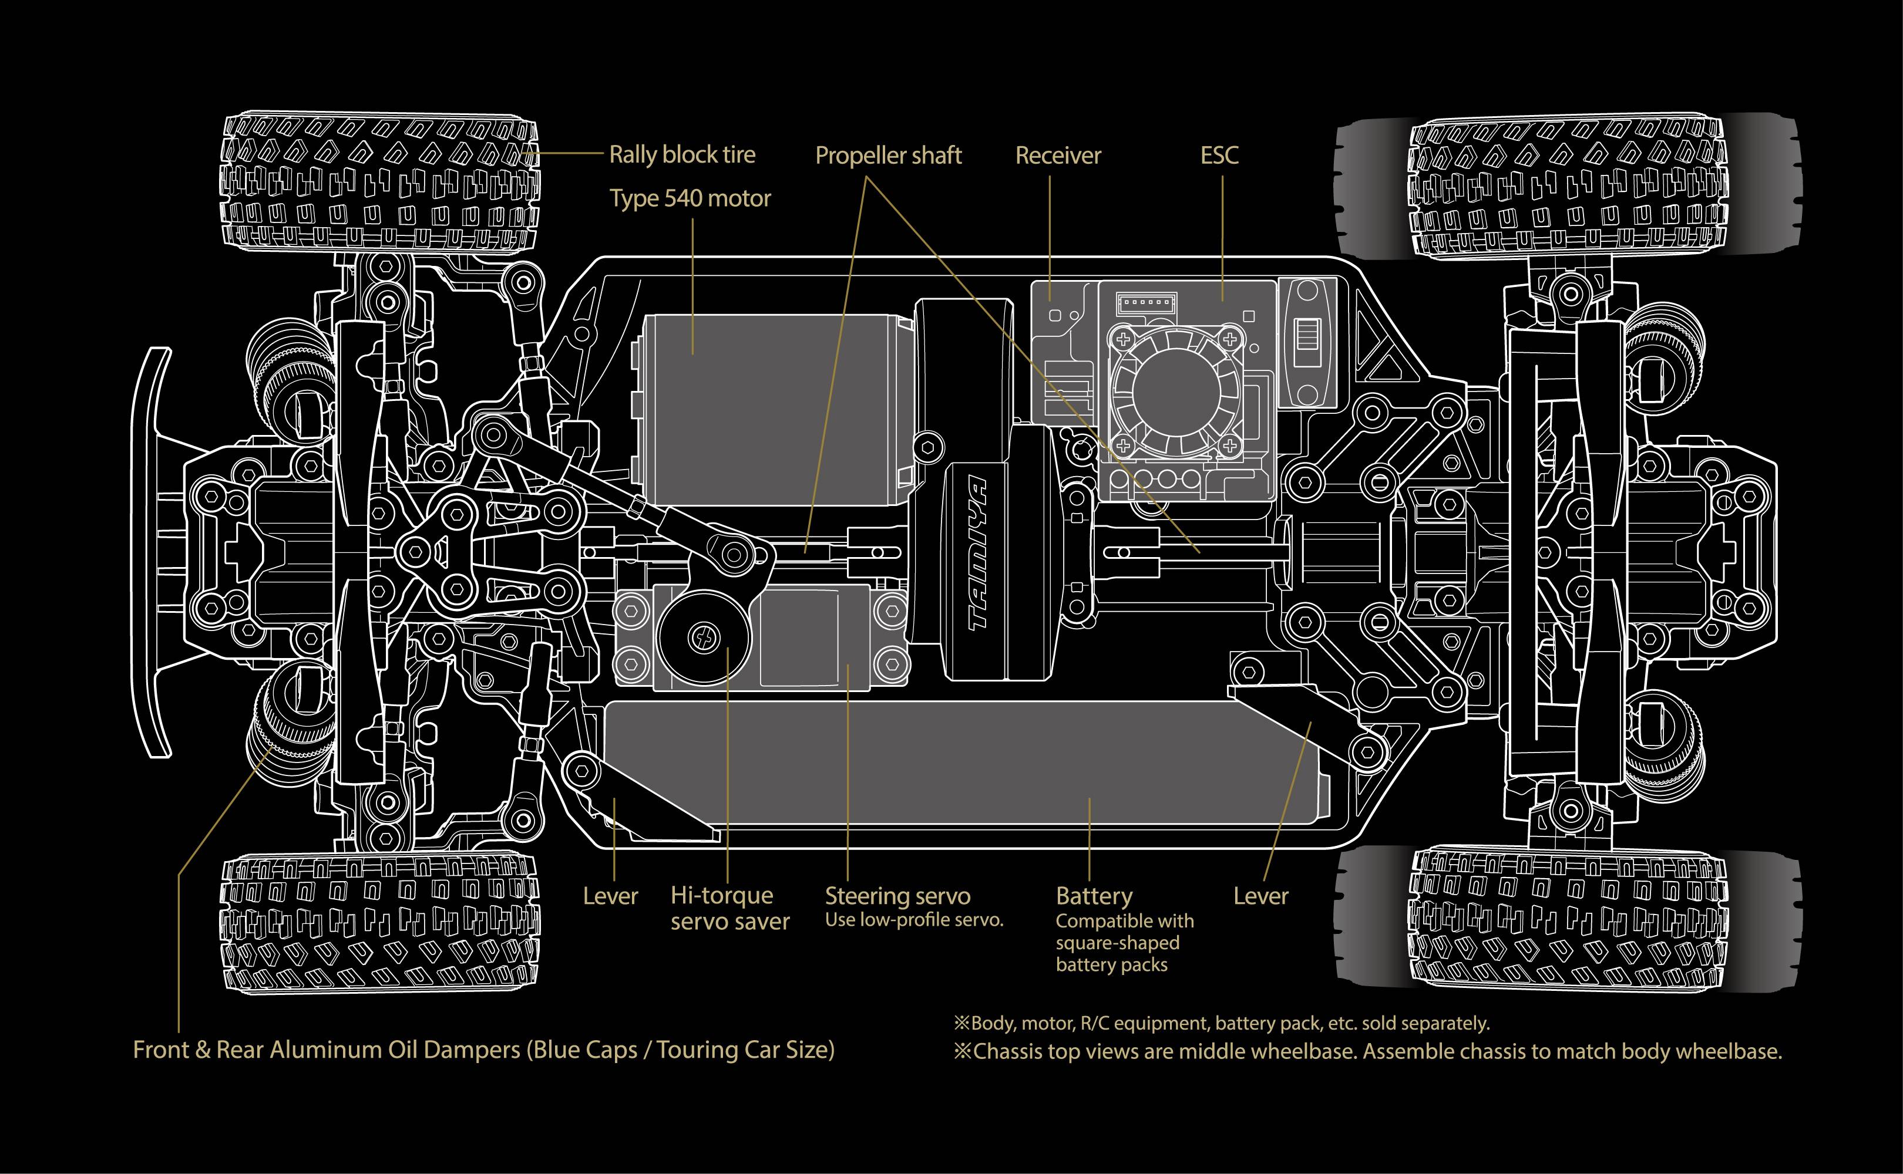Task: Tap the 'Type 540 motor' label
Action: (690, 199)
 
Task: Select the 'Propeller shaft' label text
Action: (888, 156)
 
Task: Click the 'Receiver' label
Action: (1058, 156)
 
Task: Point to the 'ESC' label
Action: (1219, 156)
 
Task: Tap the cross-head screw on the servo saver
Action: (704, 638)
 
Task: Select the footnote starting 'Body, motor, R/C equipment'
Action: (1221, 1023)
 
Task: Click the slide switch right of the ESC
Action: (1310, 342)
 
